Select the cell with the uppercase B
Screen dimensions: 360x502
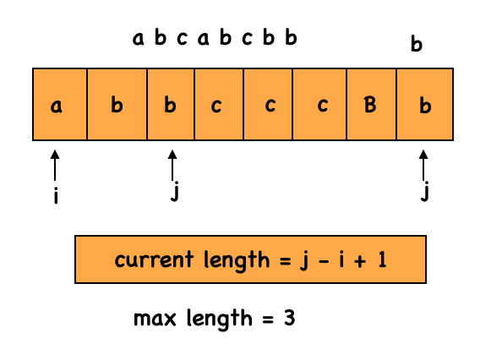(370, 104)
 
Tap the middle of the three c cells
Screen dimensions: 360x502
(269, 104)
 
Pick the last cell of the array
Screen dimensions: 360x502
(425, 104)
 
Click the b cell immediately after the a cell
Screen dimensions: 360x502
(117, 104)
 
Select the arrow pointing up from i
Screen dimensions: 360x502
(56, 166)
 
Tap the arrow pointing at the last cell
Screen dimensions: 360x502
(425, 166)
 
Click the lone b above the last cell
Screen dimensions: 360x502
(416, 45)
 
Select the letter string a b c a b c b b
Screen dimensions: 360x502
(215, 38)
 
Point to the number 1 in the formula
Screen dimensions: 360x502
(382, 259)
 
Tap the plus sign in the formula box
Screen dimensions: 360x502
(358, 259)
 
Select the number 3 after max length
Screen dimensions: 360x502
(288, 319)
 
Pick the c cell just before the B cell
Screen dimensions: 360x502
(320, 104)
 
